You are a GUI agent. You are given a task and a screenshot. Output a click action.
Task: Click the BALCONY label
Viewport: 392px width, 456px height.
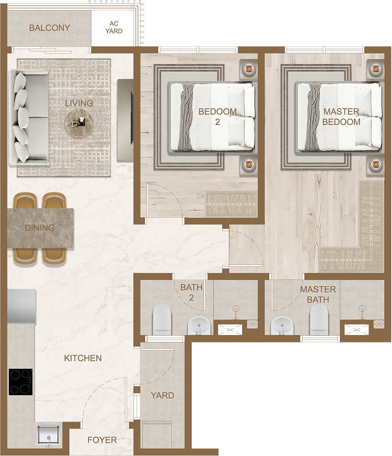(50, 28)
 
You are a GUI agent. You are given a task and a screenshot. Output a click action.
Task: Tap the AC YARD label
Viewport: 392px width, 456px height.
(114, 28)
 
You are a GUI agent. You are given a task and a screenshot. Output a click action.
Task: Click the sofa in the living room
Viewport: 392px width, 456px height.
(28, 116)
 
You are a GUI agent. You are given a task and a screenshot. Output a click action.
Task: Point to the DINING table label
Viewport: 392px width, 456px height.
(40, 228)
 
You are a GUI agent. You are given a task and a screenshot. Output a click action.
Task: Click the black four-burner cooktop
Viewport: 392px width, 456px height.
(20, 382)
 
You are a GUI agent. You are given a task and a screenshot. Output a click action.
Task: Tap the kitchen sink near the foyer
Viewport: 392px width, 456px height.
(48, 435)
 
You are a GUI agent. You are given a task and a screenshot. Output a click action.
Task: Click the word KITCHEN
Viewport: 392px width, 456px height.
(83, 358)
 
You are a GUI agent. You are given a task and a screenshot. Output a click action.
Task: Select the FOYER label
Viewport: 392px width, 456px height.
(102, 440)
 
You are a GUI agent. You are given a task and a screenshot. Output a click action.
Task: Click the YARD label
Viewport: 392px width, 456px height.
(162, 395)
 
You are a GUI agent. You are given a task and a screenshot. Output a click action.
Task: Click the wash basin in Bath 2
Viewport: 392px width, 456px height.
(198, 326)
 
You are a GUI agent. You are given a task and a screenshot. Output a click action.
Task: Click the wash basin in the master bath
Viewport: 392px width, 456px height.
(281, 326)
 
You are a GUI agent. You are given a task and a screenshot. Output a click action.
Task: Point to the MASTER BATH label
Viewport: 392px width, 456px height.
(318, 294)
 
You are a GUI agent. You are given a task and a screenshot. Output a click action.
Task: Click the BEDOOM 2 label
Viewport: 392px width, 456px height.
(218, 116)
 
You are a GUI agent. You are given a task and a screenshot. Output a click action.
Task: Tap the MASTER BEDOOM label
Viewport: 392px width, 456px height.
(341, 116)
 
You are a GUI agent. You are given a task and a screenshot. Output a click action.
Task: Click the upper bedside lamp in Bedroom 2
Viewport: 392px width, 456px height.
(249, 69)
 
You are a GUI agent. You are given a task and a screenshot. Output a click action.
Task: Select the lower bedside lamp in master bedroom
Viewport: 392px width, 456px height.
(374, 164)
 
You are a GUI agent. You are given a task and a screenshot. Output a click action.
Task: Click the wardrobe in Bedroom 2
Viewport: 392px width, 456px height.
(231, 203)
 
